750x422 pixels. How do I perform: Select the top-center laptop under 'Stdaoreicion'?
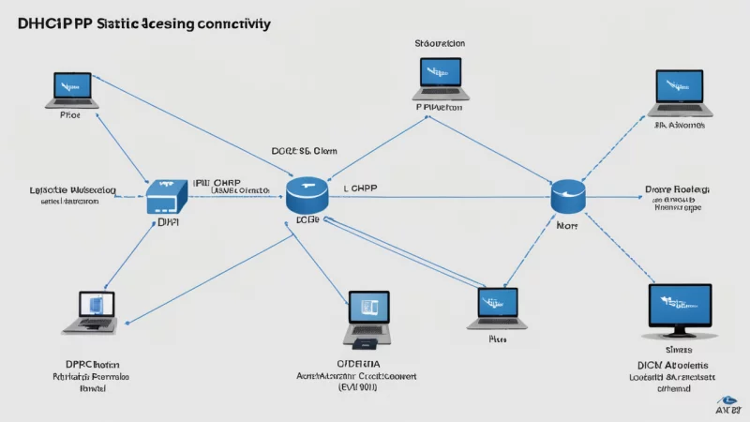pyautogui.click(x=440, y=79)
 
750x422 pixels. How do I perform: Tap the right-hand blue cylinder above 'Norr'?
pyautogui.click(x=568, y=197)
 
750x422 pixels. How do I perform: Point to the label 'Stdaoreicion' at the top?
pyautogui.click(x=440, y=43)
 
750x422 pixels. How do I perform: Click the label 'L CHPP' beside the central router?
pyautogui.click(x=358, y=188)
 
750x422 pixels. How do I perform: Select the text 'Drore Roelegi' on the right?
pyautogui.click(x=678, y=188)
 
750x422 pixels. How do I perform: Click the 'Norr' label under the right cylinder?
pyautogui.click(x=567, y=226)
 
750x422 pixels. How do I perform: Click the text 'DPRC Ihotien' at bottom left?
pyautogui.click(x=92, y=364)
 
